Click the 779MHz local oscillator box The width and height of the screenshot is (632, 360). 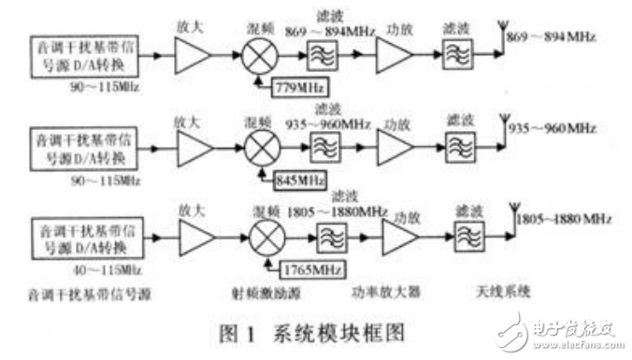(294, 89)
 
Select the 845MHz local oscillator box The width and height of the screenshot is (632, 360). (294, 175)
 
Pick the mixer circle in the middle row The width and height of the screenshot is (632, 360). (259, 145)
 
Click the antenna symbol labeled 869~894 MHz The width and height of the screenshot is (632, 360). (500, 41)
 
